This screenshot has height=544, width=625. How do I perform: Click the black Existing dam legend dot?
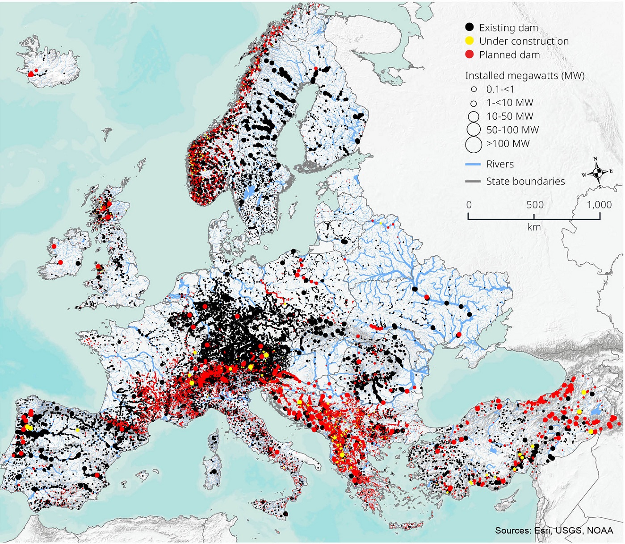(469, 27)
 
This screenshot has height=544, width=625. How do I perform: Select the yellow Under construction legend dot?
(469, 41)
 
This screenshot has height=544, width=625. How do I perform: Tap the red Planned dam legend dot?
(469, 54)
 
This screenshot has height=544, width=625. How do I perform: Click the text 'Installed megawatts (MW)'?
(524, 75)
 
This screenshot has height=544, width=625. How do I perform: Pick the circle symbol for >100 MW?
(474, 144)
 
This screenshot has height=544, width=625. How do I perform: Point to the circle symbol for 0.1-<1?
(474, 89)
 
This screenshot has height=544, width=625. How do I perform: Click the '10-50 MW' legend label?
(510, 116)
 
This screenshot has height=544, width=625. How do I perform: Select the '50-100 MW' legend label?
(512, 130)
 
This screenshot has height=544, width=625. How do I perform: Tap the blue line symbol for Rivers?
(473, 164)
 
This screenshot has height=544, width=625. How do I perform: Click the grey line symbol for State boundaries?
(473, 182)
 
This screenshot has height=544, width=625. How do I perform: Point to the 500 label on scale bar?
(534, 205)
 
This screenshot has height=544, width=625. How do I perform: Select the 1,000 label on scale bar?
(599, 205)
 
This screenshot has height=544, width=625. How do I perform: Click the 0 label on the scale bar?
(469, 205)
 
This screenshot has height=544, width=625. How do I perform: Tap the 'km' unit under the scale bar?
(534, 227)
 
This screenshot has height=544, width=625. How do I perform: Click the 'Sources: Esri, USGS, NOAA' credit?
(554, 530)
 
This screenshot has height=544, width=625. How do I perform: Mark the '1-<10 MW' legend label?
(510, 103)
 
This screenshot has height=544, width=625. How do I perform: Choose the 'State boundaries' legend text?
(525, 181)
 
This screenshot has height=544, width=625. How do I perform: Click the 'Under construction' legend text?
(524, 41)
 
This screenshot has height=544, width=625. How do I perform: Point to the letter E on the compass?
(611, 171)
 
